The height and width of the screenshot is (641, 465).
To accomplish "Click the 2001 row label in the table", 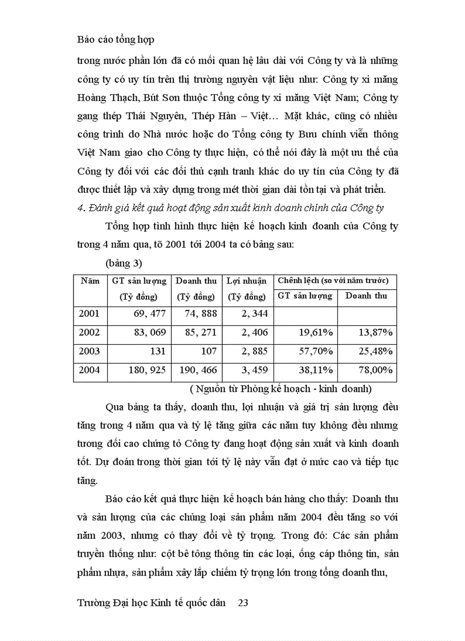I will (x=89, y=313).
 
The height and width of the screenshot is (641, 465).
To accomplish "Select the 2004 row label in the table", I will (x=89, y=370).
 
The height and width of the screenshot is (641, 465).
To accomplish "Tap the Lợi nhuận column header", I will (x=246, y=281).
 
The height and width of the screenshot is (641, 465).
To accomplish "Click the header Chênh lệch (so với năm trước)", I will (x=333, y=281).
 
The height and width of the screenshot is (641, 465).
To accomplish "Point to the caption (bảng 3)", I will (x=124, y=264).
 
